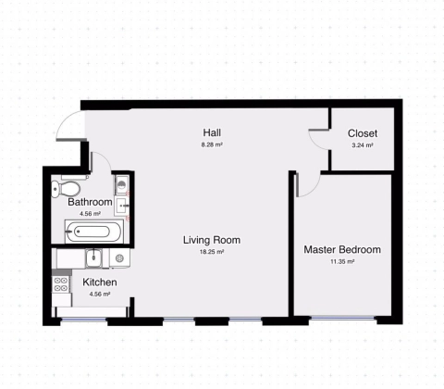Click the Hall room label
[212, 132]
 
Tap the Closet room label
[363, 133]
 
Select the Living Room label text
[212, 240]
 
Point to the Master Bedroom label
[342, 249]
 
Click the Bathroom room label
[90, 202]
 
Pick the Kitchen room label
[100, 282]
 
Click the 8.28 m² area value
[212, 144]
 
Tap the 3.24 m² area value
[363, 145]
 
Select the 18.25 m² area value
[212, 252]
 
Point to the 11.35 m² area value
[342, 261]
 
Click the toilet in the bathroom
[66, 189]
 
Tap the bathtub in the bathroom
[93, 232]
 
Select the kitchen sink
[93, 258]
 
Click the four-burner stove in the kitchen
[61, 284]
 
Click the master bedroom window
[343, 318]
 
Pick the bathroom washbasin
[121, 206]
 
